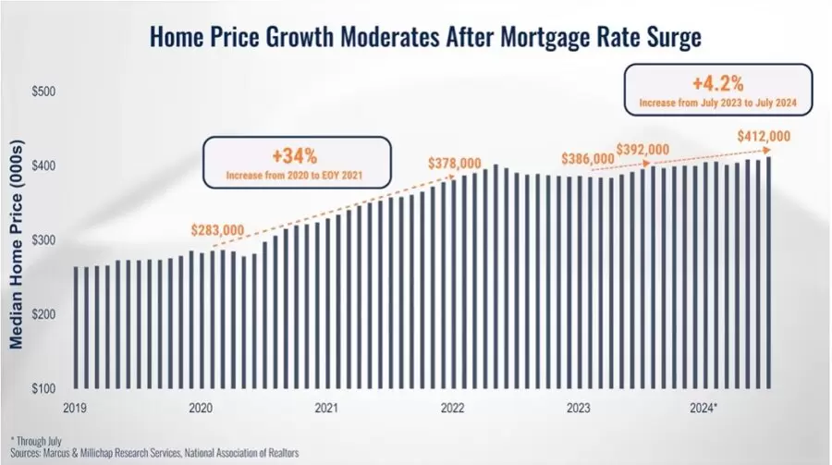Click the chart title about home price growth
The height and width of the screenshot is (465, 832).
[x=425, y=37]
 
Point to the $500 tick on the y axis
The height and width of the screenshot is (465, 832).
[x=43, y=92]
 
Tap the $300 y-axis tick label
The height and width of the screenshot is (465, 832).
[x=43, y=240]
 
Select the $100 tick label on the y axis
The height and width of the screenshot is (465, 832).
[x=43, y=388]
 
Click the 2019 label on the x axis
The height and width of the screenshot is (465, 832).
[x=75, y=409]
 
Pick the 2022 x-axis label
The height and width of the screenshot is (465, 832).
[x=452, y=409]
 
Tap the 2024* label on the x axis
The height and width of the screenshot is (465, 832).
[x=704, y=409]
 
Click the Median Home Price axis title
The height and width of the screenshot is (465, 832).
[x=17, y=244]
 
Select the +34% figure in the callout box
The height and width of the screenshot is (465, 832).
[x=295, y=156]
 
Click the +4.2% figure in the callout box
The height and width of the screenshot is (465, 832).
[x=718, y=83]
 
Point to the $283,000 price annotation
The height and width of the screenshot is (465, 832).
[x=217, y=230]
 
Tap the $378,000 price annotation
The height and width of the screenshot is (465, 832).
[x=455, y=163]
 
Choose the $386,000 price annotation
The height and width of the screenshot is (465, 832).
[x=588, y=159]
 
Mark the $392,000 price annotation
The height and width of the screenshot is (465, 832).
[x=642, y=150]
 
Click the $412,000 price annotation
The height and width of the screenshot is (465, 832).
[x=765, y=137]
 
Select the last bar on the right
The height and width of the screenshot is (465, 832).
[x=768, y=273]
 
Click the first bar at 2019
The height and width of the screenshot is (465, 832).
[x=76, y=327]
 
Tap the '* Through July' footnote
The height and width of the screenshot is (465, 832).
[x=36, y=441]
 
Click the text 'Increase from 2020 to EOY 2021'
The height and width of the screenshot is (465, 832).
[x=295, y=175]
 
